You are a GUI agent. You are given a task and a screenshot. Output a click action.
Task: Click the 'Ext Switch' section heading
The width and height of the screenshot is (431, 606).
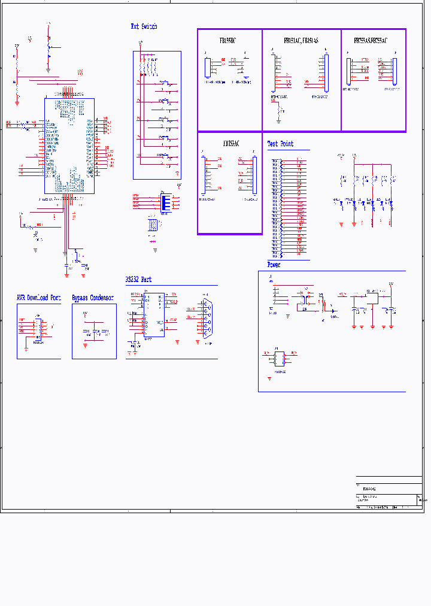pos(144,26)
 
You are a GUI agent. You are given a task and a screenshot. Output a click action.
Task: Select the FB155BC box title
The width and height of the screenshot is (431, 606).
pos(227,41)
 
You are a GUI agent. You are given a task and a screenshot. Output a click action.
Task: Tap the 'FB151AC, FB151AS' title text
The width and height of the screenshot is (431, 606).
pos(301,41)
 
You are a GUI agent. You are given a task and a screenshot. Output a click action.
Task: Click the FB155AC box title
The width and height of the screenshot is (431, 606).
pos(231,144)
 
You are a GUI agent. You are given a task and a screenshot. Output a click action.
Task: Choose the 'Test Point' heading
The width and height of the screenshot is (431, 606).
pos(280,144)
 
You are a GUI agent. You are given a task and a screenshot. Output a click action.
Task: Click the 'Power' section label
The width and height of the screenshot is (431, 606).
pos(274,265)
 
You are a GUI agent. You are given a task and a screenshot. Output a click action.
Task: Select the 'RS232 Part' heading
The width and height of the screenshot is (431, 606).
pos(138,280)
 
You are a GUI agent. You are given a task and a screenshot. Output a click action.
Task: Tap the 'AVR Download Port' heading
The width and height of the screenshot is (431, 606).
pos(38,298)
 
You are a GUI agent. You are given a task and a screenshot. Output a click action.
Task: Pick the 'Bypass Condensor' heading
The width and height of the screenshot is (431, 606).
pos(93,298)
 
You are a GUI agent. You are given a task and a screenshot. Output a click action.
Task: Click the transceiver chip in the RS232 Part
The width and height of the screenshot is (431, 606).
pos(153,314)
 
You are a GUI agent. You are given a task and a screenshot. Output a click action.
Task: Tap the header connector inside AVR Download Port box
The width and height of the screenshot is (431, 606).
pos(37,328)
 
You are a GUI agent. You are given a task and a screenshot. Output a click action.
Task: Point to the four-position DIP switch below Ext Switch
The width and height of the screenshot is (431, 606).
pos(166,201)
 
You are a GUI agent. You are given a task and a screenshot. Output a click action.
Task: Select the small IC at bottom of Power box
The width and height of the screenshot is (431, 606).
pos(279,359)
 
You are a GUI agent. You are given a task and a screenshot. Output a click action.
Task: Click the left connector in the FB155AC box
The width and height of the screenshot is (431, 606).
pos(207,174)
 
